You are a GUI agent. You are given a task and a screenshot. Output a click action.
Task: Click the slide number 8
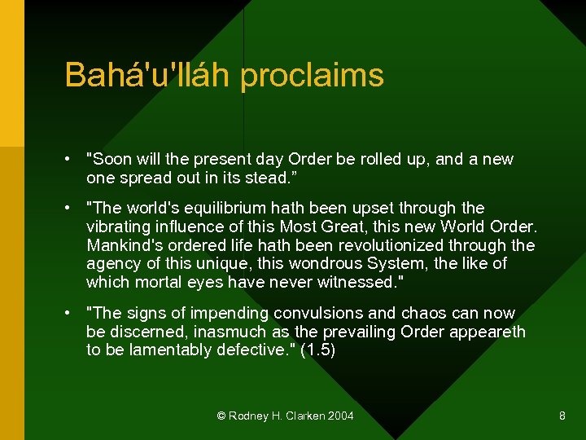(562, 416)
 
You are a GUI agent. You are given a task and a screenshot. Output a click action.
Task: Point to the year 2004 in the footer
(340, 416)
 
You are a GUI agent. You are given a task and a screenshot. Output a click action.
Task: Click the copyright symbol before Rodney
(221, 416)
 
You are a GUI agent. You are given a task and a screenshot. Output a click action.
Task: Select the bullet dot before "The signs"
(72, 314)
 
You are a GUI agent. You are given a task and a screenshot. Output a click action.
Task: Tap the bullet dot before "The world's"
(72, 209)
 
